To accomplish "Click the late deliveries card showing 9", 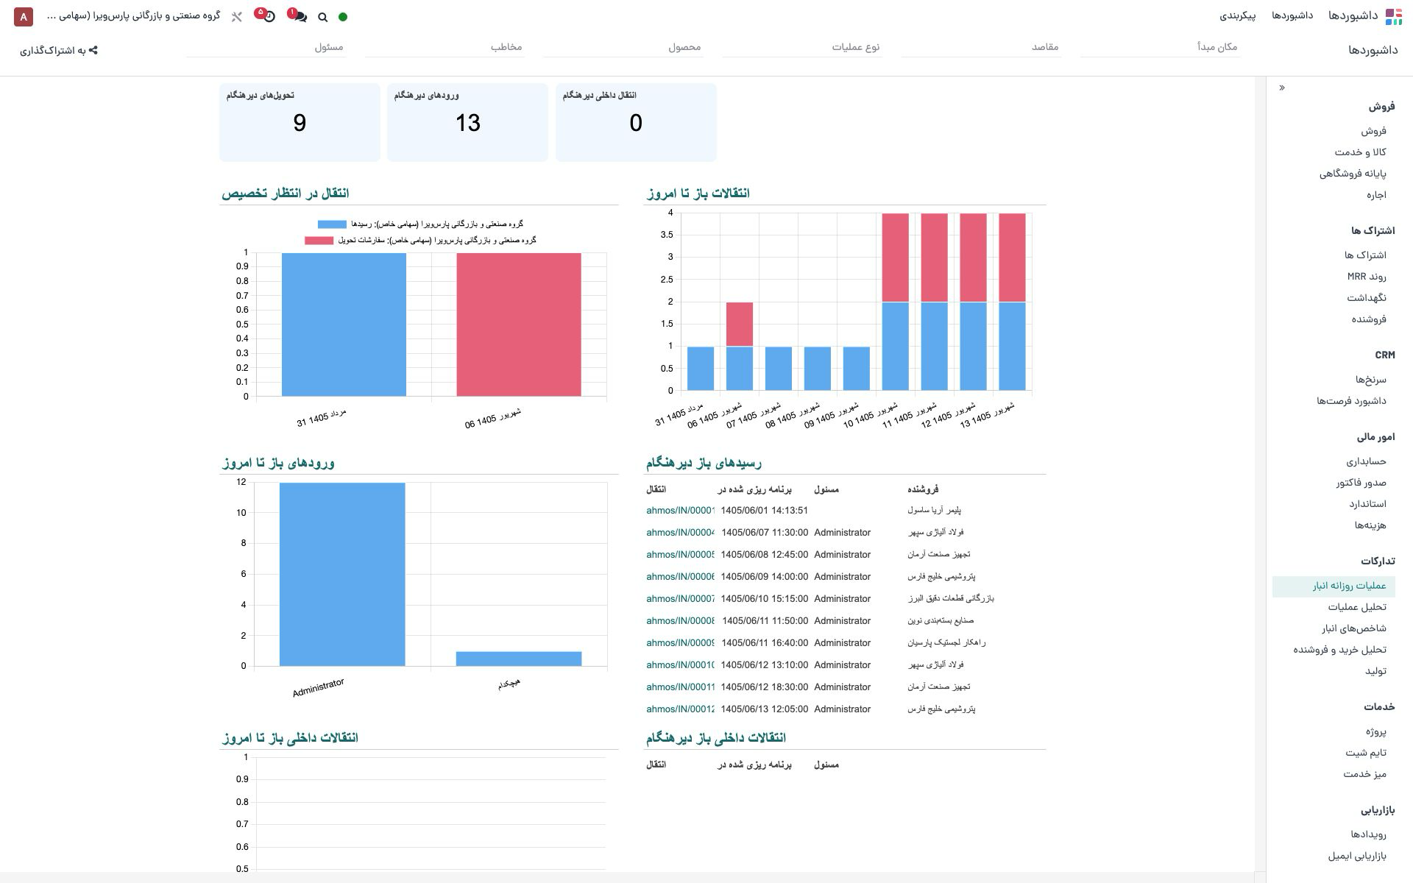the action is point(300,122).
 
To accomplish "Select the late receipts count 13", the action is point(468,123).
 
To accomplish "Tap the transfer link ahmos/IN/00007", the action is point(681,599).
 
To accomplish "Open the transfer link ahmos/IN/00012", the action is point(681,709).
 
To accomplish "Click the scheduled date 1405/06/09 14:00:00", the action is point(765,577).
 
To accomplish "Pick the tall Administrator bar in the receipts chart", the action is point(342,575).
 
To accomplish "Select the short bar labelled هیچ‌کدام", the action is point(519,659).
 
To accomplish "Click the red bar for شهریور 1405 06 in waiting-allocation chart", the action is point(519,325).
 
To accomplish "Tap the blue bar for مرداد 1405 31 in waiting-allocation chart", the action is point(344,325).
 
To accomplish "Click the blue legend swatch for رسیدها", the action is point(332,224).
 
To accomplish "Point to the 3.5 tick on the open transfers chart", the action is point(667,235).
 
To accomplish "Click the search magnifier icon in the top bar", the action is point(322,17).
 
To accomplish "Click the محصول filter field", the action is point(623,47).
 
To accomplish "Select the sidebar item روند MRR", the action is point(1367,277).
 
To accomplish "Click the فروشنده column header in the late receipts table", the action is point(923,489).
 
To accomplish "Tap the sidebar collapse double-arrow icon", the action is point(1282,88).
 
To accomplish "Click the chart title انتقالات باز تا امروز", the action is point(698,193).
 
